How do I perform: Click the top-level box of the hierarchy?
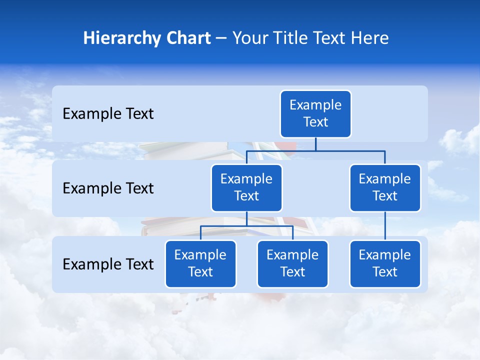pos(315,114)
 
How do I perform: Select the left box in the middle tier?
pos(246,188)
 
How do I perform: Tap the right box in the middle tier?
pos(385,188)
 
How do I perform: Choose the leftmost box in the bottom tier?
pos(200,264)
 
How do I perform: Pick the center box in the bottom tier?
pos(292,264)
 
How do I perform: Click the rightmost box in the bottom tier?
pos(385,264)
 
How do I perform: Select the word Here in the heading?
pos(370,38)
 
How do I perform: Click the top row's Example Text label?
pos(108,114)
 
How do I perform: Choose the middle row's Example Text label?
pos(108,188)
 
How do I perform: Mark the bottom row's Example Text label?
pos(108,264)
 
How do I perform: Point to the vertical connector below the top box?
pos(315,144)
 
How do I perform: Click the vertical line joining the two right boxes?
pos(385,226)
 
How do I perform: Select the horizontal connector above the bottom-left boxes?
pos(246,226)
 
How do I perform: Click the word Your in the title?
pos(249,38)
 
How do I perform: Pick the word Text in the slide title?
pos(331,38)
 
